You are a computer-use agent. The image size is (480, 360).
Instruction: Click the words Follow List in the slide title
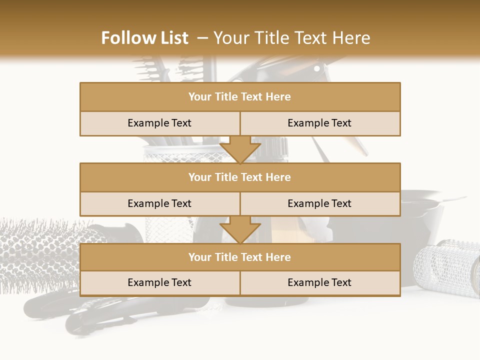point(144,38)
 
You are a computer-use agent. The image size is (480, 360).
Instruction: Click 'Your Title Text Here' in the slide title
point(291,38)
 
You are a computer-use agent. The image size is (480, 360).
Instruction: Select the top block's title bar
point(240,97)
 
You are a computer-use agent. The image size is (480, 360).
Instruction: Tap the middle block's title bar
point(240,177)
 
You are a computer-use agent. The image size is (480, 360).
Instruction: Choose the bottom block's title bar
point(240,257)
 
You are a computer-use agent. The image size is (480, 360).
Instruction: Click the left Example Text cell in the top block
point(159,123)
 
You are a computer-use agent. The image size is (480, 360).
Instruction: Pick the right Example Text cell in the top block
point(320,123)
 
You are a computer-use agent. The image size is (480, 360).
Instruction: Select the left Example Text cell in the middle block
point(159,203)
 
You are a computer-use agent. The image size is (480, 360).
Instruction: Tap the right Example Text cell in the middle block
point(320,203)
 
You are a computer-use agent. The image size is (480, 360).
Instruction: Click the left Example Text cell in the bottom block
point(159,282)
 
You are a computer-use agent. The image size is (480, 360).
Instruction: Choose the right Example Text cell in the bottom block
point(320,282)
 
